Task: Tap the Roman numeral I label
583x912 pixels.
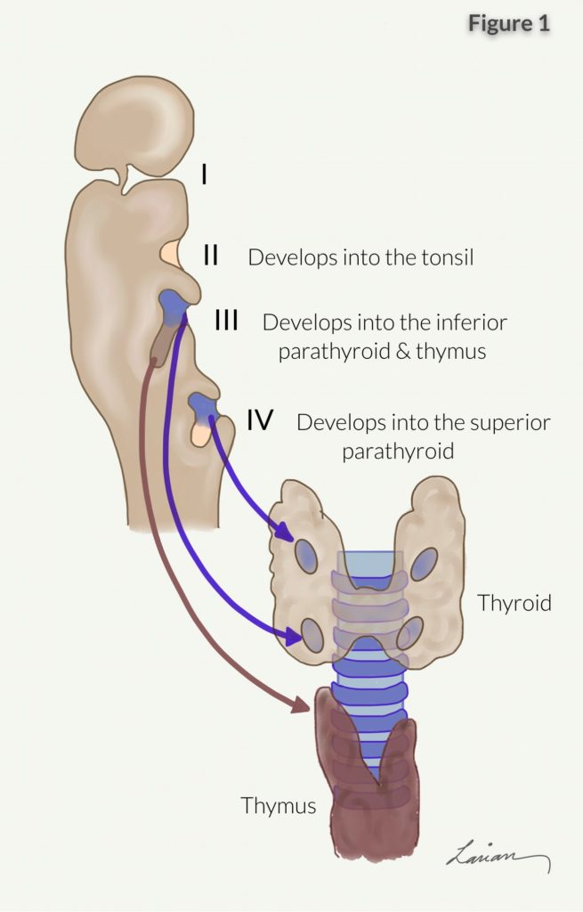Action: [x=205, y=173]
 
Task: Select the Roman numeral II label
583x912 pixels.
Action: [x=211, y=256]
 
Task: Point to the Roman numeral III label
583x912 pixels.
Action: [x=226, y=321]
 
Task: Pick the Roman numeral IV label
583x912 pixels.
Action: [x=259, y=420]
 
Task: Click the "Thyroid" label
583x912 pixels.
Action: [x=514, y=603]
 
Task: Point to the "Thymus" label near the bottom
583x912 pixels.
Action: [x=279, y=806]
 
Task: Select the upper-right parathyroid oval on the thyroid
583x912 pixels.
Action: [x=425, y=564]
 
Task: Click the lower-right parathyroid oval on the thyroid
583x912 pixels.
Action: [x=409, y=631]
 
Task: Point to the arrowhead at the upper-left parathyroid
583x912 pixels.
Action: [x=287, y=534]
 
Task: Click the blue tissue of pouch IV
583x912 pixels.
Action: [x=204, y=406]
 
